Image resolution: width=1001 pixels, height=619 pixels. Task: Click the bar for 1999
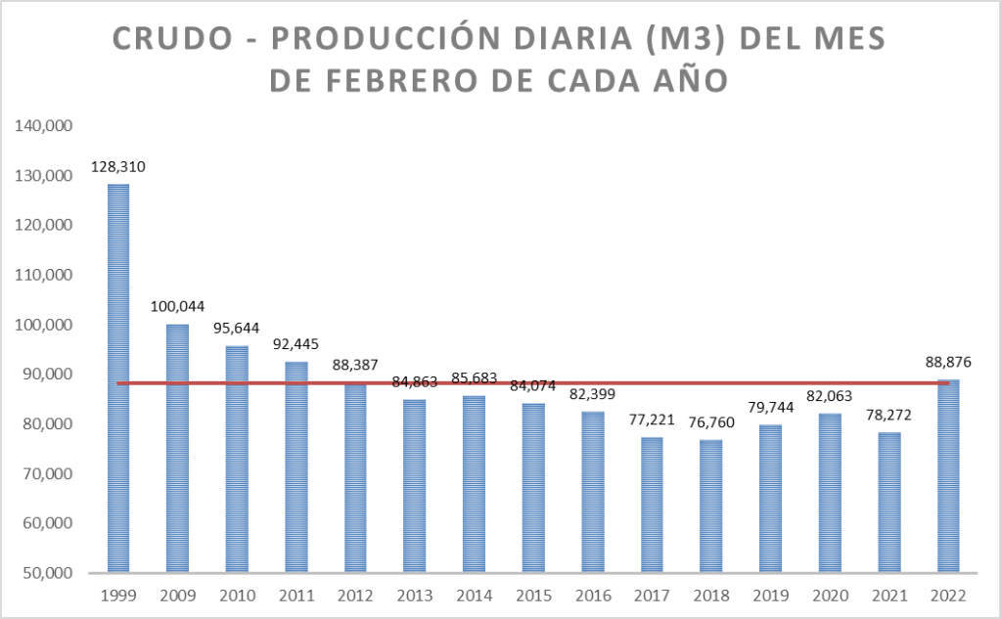coord(118,377)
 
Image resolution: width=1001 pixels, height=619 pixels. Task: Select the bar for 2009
coord(177,447)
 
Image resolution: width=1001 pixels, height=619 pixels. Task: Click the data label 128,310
coord(118,166)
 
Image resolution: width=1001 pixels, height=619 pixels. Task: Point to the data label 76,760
coord(711,422)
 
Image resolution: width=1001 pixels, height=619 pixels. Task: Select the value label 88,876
coord(948,362)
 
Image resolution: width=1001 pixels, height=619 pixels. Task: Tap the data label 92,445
coord(296,344)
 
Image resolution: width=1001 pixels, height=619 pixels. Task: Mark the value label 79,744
coord(770,408)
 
